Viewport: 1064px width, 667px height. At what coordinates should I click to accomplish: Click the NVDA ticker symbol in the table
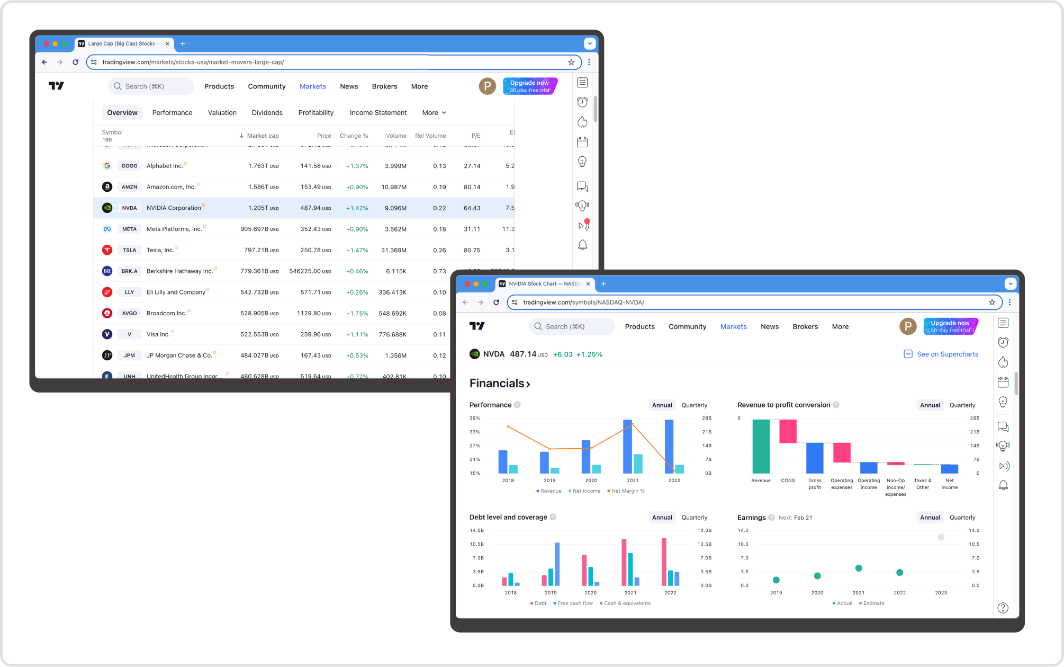tap(129, 208)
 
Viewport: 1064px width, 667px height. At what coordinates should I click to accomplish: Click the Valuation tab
tap(222, 113)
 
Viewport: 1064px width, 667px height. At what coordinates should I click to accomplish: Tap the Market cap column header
tap(262, 136)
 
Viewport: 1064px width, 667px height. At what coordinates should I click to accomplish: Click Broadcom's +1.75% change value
tap(357, 313)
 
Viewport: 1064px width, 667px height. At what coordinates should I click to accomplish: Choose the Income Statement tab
tap(378, 113)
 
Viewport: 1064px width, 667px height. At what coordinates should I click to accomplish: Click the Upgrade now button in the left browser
tap(529, 86)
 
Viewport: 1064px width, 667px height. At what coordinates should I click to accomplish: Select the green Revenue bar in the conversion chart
tap(761, 446)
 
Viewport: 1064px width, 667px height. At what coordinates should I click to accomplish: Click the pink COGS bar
tap(788, 431)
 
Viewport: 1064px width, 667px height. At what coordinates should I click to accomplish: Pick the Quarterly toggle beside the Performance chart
tap(694, 405)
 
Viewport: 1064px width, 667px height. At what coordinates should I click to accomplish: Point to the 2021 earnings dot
tap(859, 568)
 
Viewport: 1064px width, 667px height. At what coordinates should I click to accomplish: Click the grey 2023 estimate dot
tap(941, 537)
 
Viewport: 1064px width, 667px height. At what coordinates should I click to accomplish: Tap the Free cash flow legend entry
tap(574, 603)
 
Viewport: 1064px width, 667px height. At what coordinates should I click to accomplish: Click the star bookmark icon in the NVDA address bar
tap(992, 302)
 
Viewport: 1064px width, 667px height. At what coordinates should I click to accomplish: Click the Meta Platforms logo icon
tap(107, 229)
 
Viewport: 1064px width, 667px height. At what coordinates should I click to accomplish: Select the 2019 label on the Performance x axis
tap(549, 481)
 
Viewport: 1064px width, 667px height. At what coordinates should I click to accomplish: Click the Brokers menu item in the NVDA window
tap(805, 326)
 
